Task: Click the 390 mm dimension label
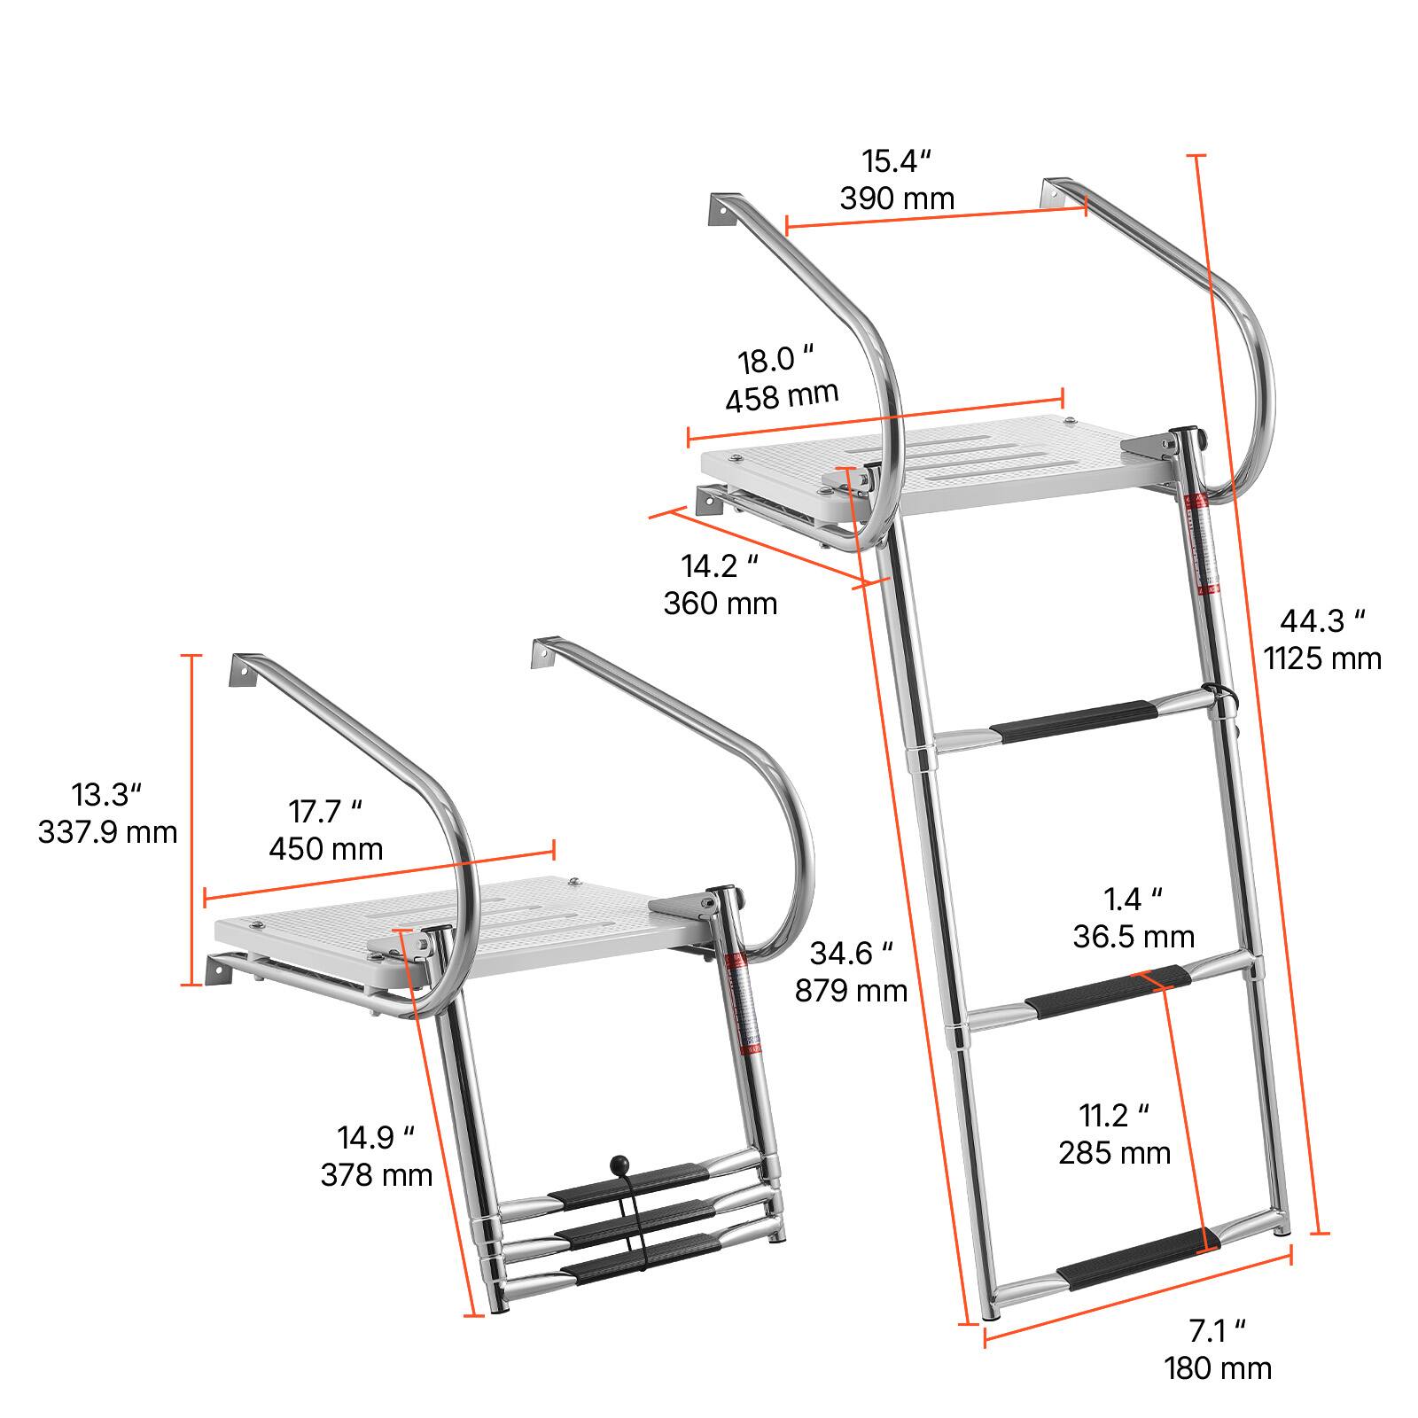point(897,199)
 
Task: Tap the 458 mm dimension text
point(782,395)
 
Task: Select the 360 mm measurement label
point(721,604)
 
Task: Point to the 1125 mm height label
point(1322,658)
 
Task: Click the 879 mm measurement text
point(851,990)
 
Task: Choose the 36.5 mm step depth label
point(1134,937)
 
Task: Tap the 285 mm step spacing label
point(1115,1152)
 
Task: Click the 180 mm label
point(1218,1367)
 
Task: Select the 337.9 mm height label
point(107,832)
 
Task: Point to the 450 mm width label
point(326,849)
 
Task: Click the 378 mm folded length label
point(377,1175)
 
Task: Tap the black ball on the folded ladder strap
point(618,1164)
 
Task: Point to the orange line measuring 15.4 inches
point(936,217)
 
